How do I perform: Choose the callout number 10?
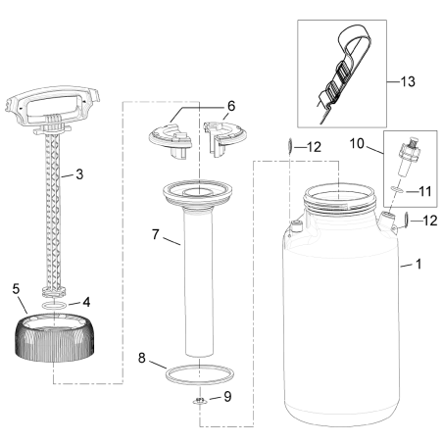(x=358, y=145)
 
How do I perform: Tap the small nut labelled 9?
(x=199, y=401)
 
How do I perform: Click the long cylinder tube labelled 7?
(x=199, y=284)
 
